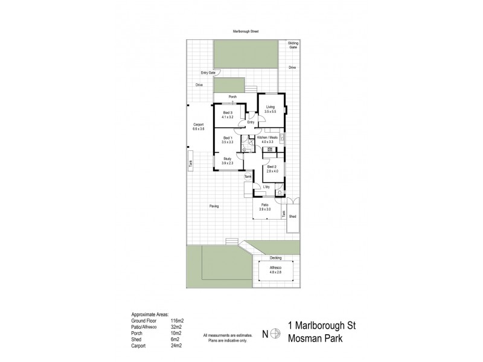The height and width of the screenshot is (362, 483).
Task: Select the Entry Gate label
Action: click(x=208, y=72)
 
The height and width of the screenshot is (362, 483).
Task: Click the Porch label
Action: click(x=232, y=97)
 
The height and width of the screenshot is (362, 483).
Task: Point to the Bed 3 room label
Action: click(x=227, y=113)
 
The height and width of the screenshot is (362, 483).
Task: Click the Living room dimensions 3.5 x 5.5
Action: click(x=270, y=112)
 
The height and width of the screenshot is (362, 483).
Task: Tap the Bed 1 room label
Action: click(x=227, y=138)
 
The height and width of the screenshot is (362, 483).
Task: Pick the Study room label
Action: click(x=226, y=159)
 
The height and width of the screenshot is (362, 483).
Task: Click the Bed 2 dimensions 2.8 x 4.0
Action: click(x=272, y=171)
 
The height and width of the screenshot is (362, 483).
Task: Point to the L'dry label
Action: click(x=266, y=187)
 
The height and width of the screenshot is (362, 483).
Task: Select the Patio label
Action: click(x=264, y=205)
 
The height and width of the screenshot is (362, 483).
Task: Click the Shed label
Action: click(x=293, y=216)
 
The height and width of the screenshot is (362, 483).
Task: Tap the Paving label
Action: click(x=214, y=206)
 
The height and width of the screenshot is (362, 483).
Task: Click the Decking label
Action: click(x=275, y=258)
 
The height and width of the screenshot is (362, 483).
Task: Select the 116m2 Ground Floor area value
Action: click(x=177, y=321)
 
